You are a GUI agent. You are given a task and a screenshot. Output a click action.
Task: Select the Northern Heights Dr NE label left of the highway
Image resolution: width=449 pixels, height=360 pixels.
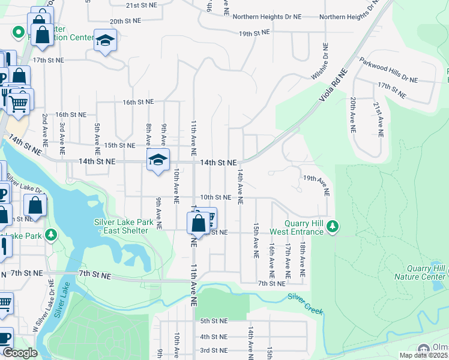tap(267, 17)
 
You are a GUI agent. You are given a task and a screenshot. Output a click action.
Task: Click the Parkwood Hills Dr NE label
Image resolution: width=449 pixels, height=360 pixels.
tap(388, 70)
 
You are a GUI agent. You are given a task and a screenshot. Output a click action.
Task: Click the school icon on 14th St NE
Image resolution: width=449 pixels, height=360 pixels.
tap(158, 160)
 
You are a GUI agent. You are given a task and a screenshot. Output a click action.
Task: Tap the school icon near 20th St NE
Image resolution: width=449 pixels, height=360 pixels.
tap(106, 41)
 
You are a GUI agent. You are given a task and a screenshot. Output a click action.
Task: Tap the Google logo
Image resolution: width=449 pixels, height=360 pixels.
tap(20, 353)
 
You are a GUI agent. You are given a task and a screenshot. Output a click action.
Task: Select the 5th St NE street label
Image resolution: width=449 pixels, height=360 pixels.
tap(214, 321)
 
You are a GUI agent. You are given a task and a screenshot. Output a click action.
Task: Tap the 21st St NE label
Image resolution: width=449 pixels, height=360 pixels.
tap(141, 5)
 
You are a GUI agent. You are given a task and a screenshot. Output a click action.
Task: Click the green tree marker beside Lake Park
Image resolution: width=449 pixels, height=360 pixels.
tap(52, 234)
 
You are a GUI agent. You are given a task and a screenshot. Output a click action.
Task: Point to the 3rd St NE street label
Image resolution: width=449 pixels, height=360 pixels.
tap(214, 350)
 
